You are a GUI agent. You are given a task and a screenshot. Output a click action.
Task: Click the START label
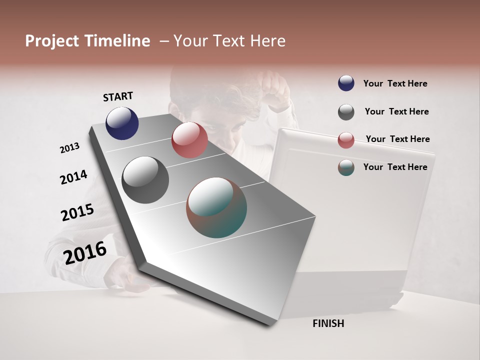point(118,96)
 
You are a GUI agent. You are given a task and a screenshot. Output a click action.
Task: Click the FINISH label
point(328,323)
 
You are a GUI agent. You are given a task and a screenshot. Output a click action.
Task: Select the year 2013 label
point(69,148)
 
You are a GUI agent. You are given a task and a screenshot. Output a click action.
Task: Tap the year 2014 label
point(73,177)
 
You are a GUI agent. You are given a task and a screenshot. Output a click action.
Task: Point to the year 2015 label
point(77,212)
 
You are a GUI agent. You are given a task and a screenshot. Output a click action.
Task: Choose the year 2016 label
point(85,252)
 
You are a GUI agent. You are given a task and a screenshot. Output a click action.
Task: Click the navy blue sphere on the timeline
point(122,123)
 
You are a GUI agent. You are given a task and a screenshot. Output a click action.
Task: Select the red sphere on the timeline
point(189,140)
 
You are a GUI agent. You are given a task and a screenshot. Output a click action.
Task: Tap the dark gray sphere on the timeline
point(145,180)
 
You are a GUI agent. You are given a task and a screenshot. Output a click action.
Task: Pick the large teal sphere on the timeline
point(216,207)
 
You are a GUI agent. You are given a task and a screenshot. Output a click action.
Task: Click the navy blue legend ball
point(346,83)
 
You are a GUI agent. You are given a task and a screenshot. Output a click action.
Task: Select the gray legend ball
point(346,112)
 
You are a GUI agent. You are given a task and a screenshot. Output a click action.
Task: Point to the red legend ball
point(346,140)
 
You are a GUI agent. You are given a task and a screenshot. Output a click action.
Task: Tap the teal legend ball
point(346,167)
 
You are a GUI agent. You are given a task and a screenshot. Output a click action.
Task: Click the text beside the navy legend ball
point(395,84)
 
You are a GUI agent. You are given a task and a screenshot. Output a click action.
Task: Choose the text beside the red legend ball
point(397,139)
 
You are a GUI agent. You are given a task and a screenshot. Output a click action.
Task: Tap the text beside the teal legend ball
point(395,167)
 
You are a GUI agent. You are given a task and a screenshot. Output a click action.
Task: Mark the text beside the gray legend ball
point(396,111)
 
